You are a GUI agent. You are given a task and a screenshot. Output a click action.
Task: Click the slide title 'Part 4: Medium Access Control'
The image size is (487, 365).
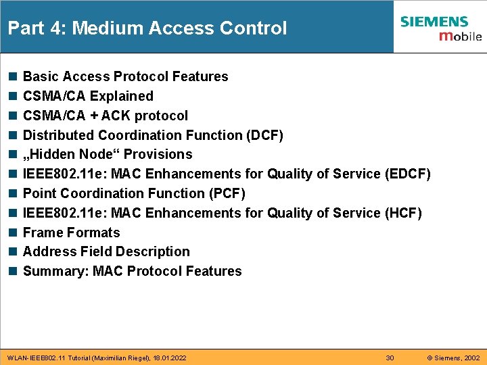tap(147, 28)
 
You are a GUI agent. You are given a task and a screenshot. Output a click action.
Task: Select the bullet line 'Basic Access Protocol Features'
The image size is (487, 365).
tap(125, 76)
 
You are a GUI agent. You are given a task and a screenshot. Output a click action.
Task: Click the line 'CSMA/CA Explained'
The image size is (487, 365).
tap(88, 96)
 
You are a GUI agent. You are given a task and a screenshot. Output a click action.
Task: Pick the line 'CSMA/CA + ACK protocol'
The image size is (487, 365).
tap(106, 116)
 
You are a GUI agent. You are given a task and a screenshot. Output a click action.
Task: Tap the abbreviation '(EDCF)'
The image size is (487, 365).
tap(407, 174)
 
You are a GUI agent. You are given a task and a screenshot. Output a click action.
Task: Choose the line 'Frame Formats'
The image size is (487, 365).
tap(71, 233)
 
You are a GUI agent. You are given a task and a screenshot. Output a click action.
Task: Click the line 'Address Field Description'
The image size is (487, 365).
tap(106, 251)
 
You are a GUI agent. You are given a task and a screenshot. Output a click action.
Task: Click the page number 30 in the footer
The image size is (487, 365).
tap(390, 357)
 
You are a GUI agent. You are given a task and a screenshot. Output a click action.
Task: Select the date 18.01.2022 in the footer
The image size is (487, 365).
tap(169, 357)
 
